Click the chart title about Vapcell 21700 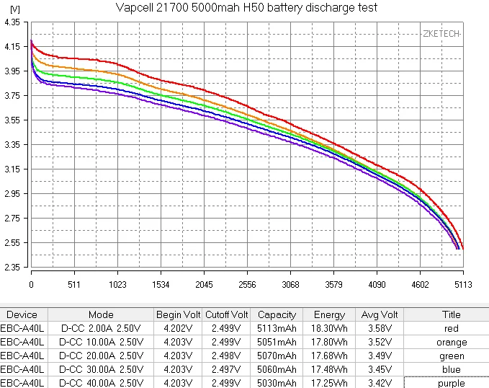tap(246, 8)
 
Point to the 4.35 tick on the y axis tap(12, 22)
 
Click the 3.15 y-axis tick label tap(12, 169)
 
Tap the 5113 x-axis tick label tap(462, 285)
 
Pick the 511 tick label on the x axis tap(74, 285)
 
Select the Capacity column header tap(277, 315)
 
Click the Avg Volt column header tap(380, 315)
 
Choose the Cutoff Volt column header tap(226, 315)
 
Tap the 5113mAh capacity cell tap(277, 329)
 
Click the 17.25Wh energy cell tap(329, 384)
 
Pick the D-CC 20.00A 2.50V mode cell tap(101, 356)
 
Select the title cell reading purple tap(446, 384)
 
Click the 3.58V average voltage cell tap(380, 329)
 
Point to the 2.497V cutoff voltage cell tap(226, 370)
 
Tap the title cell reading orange tap(446, 343)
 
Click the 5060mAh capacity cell tap(277, 370)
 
